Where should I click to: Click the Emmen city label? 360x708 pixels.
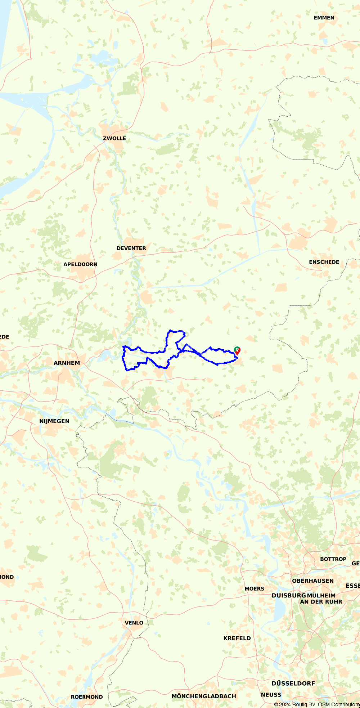pos(324,18)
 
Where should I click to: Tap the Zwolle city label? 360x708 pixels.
pos(114,138)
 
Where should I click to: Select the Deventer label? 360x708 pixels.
pos(131,248)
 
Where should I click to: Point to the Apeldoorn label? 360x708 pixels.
pos(80,264)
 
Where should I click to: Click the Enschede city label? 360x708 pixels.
pos(324,262)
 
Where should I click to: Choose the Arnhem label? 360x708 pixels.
pos(67,363)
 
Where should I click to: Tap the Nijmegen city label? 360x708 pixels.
pos(54,421)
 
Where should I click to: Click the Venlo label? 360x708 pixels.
pos(134,623)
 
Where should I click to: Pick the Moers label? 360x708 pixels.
pos(254,589)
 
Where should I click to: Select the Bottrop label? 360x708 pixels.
pos(333,559)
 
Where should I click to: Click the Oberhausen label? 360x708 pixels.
pos(313,581)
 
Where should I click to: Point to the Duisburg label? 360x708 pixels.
pos(289,596)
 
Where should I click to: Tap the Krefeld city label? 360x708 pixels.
pos(237,638)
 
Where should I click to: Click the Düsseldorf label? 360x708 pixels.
pos(293,683)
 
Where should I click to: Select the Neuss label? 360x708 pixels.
pos(271,695)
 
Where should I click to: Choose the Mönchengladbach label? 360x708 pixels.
pos(204,696)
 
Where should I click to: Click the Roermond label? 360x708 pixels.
pos(87,697)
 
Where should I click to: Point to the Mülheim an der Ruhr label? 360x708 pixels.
pos(321,599)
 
